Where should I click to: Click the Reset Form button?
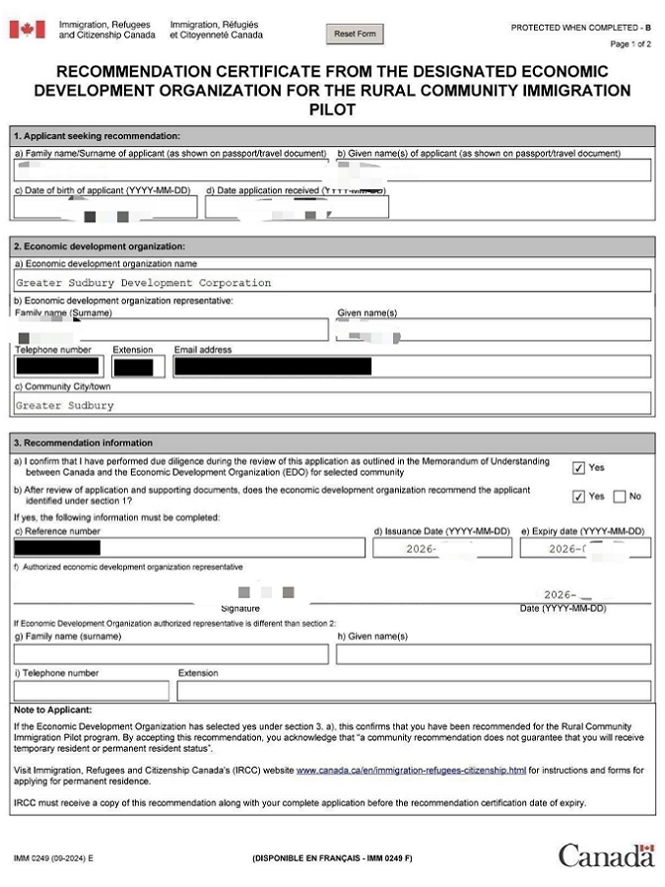355,34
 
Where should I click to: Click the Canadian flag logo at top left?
27,30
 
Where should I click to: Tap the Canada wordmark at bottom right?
606,855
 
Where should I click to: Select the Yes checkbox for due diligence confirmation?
578,468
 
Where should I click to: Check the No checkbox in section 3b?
620,496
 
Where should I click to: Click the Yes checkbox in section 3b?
578,496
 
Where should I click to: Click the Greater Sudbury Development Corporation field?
332,283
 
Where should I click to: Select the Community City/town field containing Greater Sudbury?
332,405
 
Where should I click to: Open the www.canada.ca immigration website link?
411,770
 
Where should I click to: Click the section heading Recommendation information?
84,443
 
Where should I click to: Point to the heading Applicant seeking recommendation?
97,135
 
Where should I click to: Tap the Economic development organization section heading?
99,246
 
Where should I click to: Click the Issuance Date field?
441,548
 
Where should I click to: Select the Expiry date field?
585,548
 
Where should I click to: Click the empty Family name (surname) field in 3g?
171,653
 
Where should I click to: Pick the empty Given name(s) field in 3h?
493,653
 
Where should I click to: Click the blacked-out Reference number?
57,548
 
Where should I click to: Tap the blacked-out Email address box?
273,367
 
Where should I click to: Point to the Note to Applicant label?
52,710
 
